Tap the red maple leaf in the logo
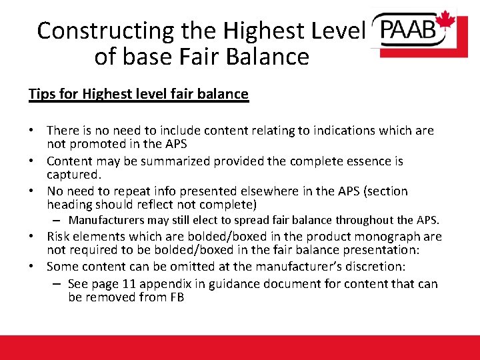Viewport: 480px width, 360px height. [445, 21]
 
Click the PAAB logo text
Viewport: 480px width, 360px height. [407, 29]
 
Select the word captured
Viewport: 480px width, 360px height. [73, 174]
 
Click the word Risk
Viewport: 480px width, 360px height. [59, 236]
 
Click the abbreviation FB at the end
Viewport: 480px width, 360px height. [175, 297]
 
